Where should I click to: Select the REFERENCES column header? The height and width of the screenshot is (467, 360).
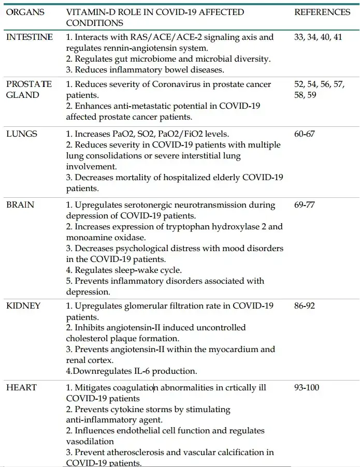322,12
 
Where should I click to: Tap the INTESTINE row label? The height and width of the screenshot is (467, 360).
29,37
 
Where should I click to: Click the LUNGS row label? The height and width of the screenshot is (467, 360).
22,134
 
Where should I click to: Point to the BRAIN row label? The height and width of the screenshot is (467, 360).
20,205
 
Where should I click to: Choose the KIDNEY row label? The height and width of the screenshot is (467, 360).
23,305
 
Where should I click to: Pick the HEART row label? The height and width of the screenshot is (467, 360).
21,387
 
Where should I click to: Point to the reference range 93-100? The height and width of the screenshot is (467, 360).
307,387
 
